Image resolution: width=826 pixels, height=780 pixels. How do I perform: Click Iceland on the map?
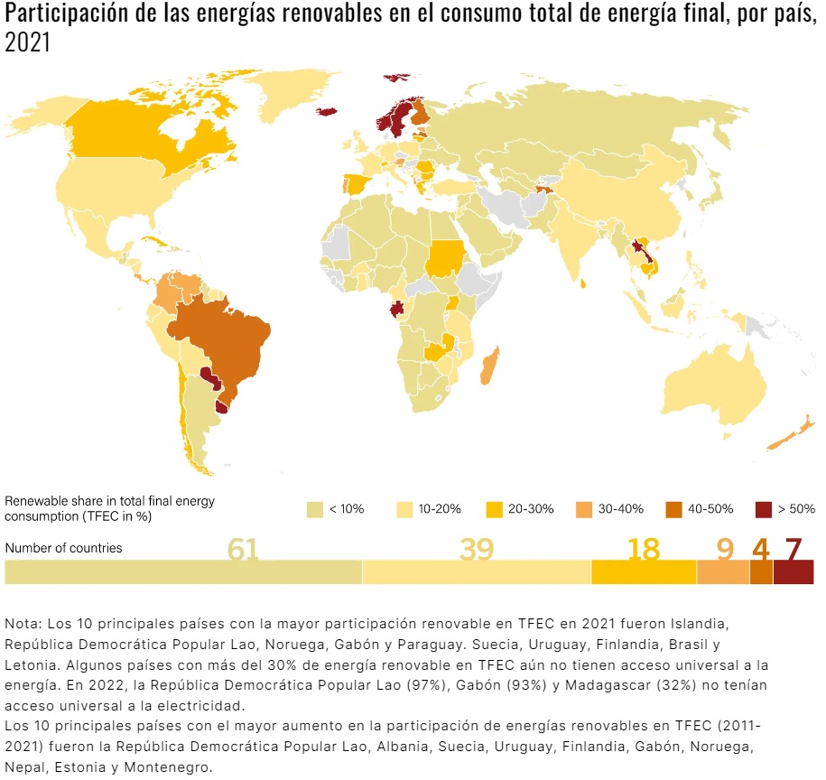tap(327, 112)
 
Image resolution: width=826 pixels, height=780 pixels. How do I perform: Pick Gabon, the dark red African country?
tap(396, 309)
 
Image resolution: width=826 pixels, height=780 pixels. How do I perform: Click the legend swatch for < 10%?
tap(315, 508)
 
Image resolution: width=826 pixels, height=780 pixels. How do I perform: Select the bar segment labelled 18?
tap(644, 572)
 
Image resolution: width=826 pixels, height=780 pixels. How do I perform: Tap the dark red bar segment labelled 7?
tap(794, 572)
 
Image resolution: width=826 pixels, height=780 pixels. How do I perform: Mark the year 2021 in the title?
tap(27, 44)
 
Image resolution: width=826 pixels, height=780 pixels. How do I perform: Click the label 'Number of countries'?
tap(63, 548)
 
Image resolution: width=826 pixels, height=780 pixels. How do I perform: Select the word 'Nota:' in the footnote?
tap(23, 624)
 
